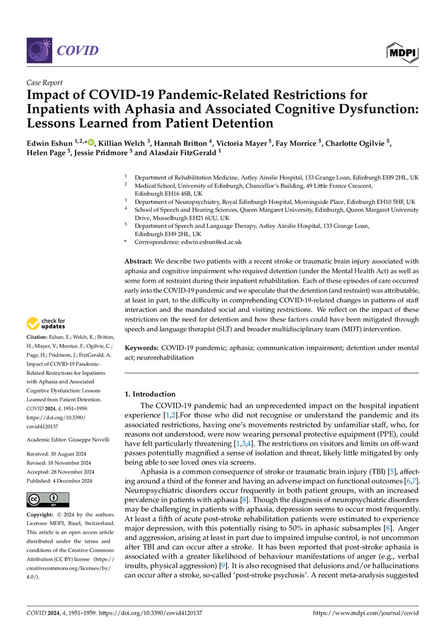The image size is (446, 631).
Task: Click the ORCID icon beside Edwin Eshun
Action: [91, 143]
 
